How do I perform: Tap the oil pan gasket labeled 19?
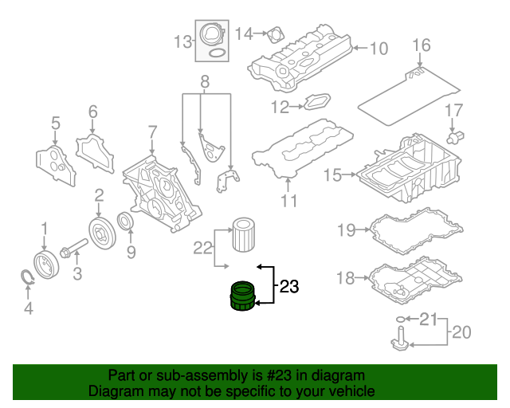[414, 232]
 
